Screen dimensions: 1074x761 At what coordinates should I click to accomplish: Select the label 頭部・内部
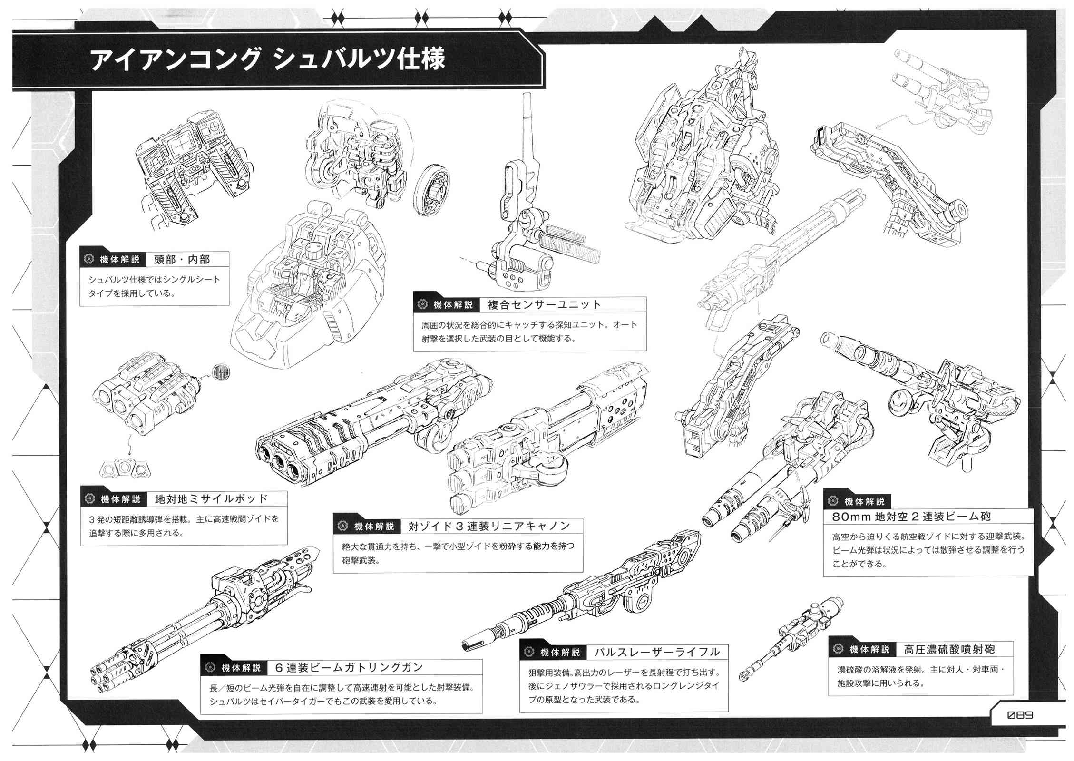tap(182, 259)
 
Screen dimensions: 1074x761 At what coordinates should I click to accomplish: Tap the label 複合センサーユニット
tap(544, 305)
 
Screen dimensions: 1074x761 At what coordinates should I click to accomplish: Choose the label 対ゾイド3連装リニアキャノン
tap(489, 526)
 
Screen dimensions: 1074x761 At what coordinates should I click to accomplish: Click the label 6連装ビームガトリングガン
tap(349, 667)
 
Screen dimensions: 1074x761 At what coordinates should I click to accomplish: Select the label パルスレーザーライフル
tap(657, 652)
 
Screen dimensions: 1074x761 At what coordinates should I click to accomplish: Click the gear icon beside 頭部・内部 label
tap(88, 259)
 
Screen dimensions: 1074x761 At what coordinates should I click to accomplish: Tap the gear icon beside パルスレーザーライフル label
tap(528, 652)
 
